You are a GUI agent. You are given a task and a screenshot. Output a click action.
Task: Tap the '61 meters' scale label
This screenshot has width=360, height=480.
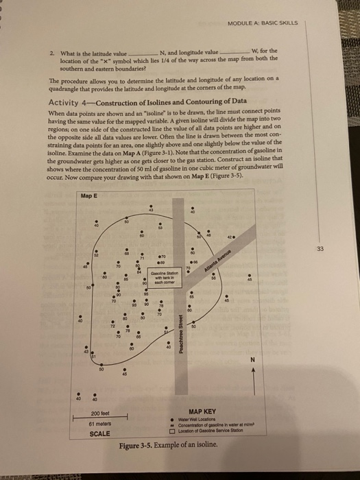(101, 424)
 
